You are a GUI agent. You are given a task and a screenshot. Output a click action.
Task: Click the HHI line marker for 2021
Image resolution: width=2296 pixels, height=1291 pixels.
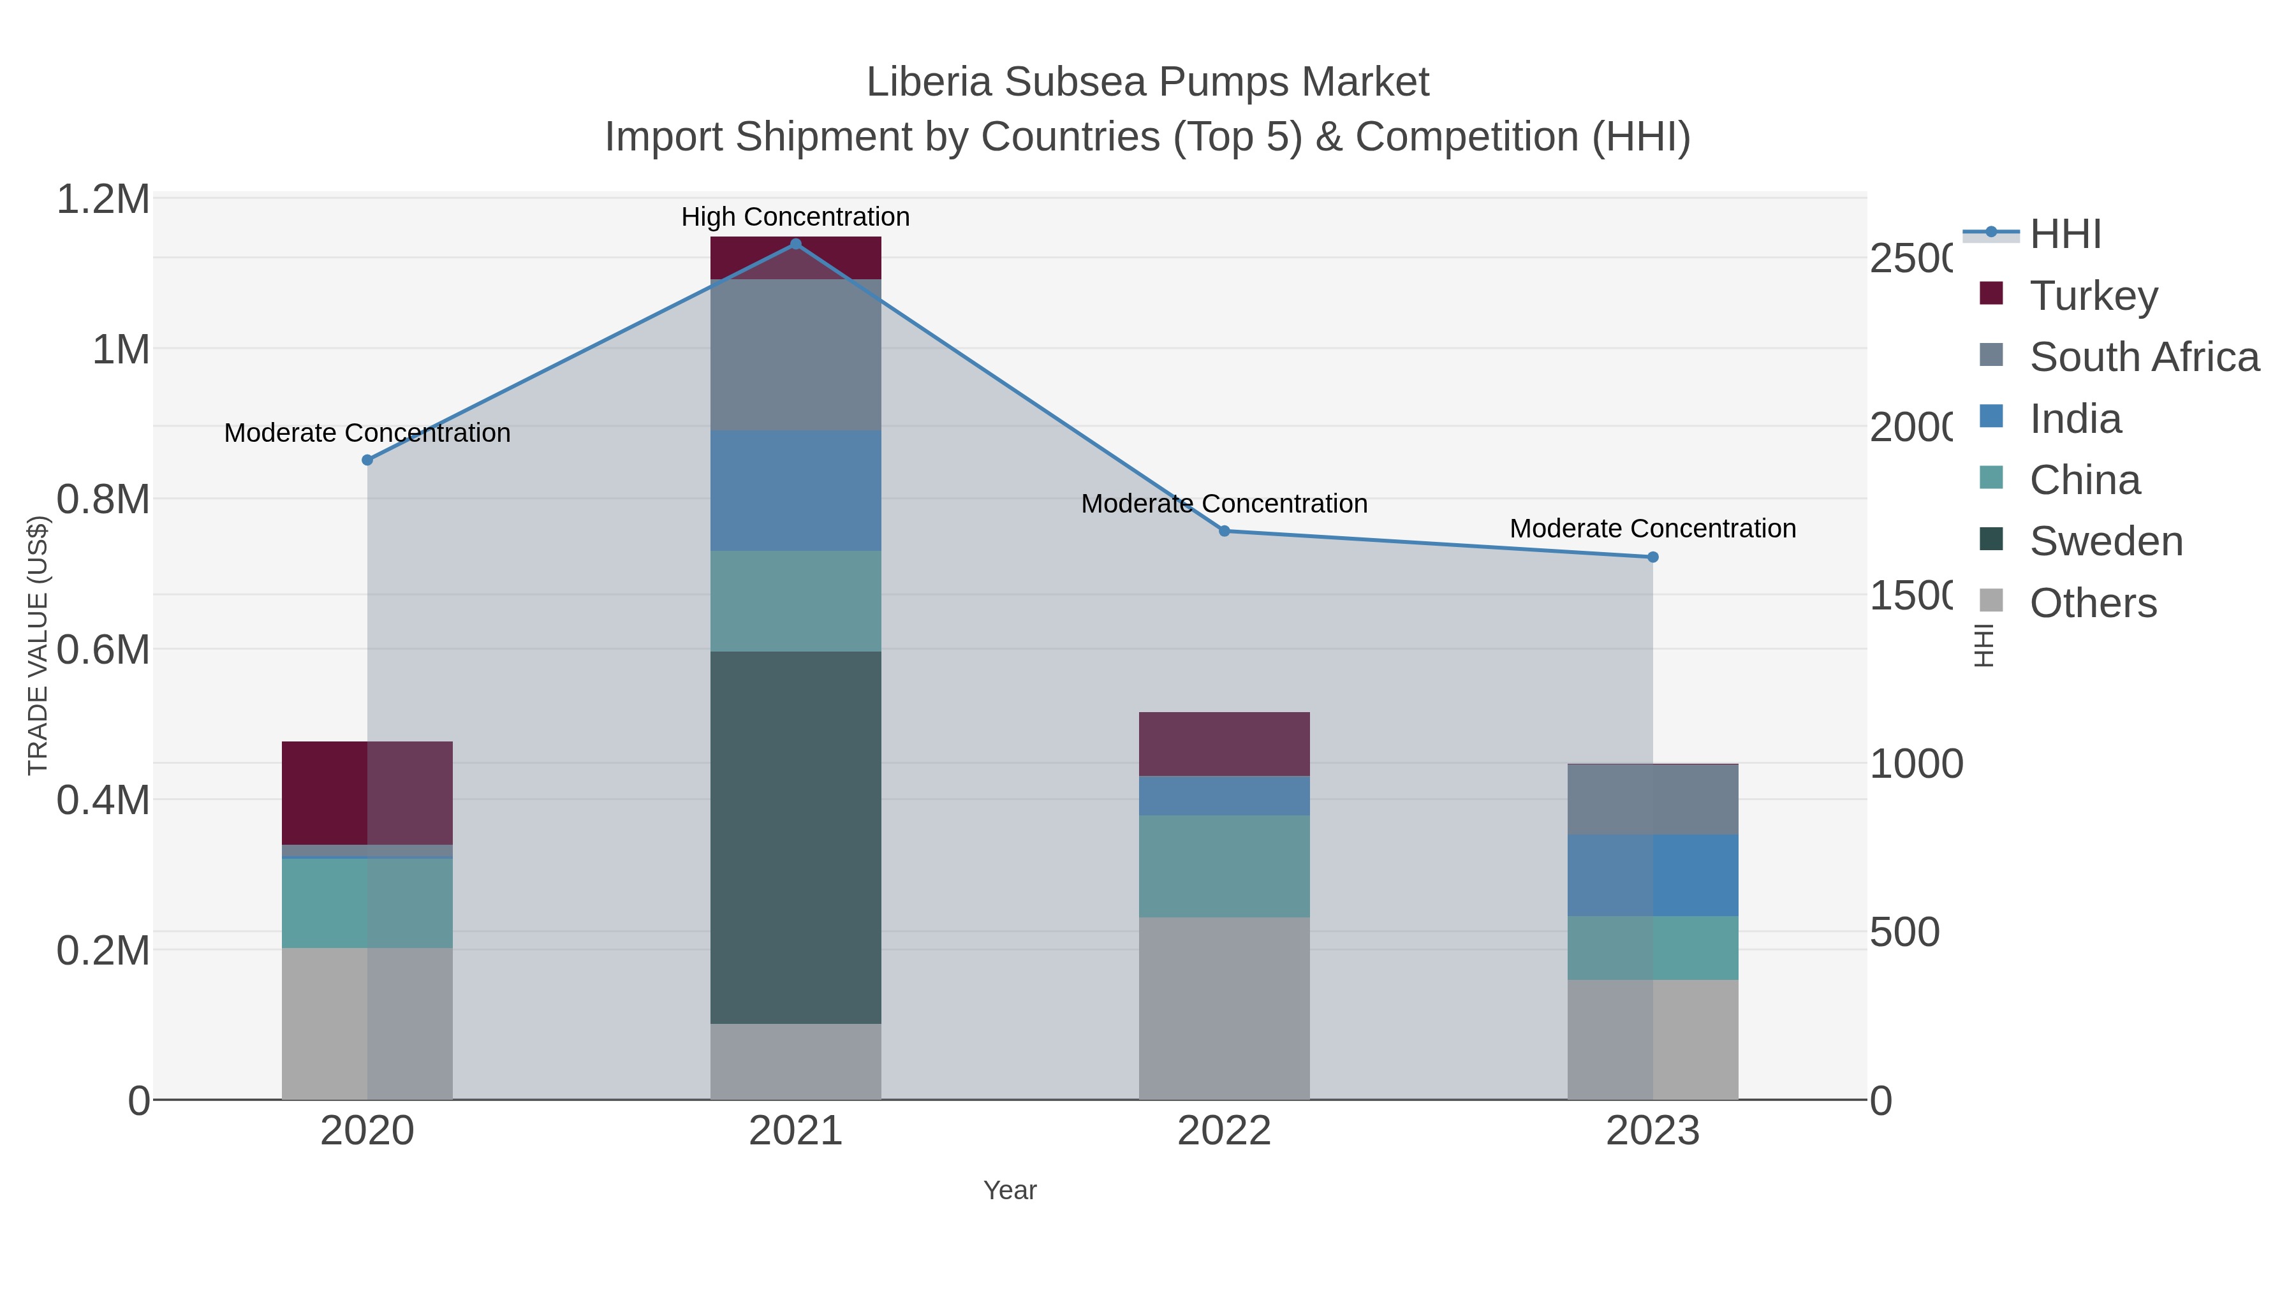796,244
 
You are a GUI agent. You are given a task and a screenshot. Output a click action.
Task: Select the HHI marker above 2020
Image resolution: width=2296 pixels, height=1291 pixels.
367,460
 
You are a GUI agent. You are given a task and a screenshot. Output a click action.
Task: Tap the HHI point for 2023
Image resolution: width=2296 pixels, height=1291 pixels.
1652,557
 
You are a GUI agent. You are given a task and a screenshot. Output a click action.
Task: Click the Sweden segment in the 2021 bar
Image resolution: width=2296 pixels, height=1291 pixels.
796,838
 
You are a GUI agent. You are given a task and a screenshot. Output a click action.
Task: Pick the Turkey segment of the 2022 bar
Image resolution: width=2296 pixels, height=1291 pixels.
1224,744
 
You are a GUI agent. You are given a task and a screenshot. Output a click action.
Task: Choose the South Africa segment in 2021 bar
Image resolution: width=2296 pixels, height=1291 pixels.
796,354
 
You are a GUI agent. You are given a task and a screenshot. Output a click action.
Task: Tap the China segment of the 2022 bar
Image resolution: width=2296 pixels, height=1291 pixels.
1224,866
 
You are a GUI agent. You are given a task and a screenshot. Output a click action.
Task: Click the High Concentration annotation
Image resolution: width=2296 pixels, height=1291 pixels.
795,217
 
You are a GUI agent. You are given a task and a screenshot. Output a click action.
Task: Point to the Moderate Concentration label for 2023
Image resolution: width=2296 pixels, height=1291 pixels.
1652,529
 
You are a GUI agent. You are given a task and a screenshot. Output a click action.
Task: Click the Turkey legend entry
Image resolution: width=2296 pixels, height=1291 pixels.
2093,295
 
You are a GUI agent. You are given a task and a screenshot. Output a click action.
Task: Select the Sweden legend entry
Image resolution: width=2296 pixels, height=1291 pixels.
2105,541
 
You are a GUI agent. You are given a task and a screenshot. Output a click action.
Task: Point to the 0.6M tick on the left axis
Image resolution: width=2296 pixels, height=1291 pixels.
103,650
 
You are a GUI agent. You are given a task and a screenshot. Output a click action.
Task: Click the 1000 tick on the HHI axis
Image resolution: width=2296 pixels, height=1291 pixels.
1915,764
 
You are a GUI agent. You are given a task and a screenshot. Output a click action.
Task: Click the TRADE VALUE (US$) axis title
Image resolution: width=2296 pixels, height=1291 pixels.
38,645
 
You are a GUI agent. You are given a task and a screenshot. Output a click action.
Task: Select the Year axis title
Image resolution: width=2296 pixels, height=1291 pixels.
1010,1190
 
